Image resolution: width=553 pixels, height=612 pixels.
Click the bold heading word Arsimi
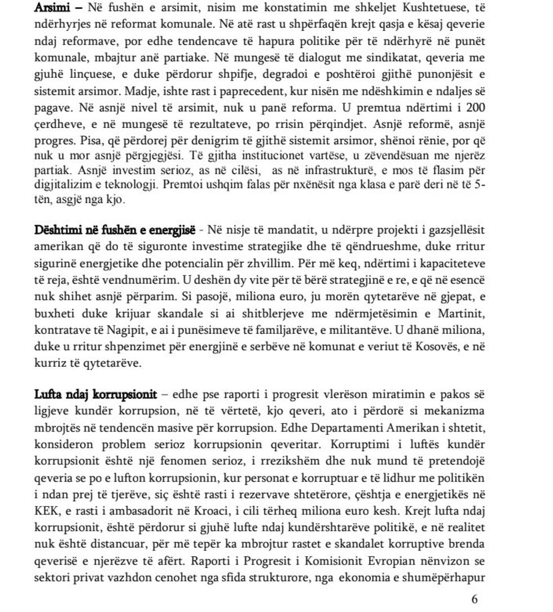[49, 8]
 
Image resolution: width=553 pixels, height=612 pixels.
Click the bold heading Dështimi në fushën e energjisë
[115, 230]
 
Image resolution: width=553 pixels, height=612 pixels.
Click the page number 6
[474, 599]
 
